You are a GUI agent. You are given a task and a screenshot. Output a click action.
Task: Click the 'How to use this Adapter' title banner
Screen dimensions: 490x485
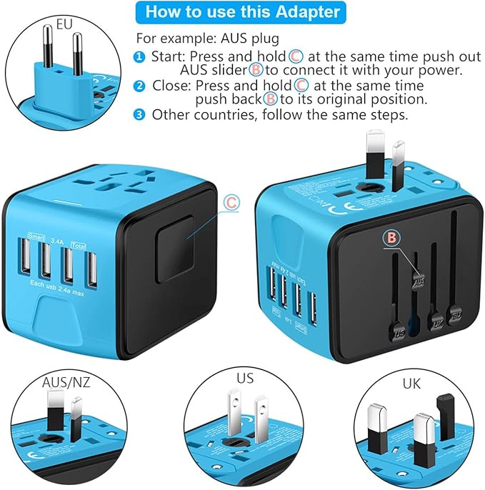tap(242, 12)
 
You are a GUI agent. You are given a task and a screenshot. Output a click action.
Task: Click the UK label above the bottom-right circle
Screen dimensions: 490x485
tap(411, 384)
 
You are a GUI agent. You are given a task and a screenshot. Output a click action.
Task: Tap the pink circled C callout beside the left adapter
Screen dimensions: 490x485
tap(231, 203)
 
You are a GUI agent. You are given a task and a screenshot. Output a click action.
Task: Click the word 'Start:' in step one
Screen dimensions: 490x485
tap(167, 56)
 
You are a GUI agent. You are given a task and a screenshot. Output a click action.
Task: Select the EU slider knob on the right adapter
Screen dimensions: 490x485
tap(454, 312)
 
